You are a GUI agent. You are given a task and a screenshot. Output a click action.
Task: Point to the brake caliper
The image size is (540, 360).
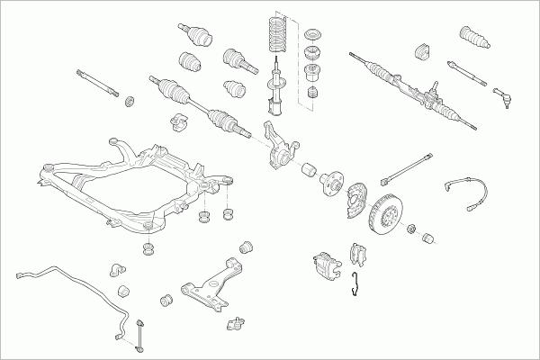pyautogui.click(x=325, y=264)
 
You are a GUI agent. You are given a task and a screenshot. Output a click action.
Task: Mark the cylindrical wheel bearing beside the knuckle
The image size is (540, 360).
pyautogui.click(x=308, y=169)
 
